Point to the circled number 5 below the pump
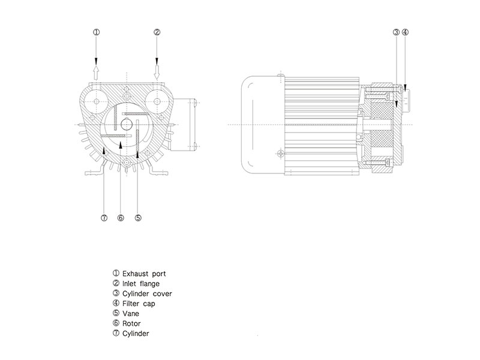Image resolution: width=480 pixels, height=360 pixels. tap(138, 218)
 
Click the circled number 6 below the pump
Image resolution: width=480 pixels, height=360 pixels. tap(120, 218)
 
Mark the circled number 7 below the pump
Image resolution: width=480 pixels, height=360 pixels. tap(103, 218)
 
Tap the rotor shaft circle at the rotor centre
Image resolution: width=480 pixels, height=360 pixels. tap(126, 124)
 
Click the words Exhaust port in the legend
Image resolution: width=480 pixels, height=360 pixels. tap(143, 274)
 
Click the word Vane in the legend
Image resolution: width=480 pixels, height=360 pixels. tap(130, 313)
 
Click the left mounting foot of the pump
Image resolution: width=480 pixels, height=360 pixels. tap(92, 172)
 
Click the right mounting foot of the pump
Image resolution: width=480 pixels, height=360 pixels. tap(158, 172)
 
